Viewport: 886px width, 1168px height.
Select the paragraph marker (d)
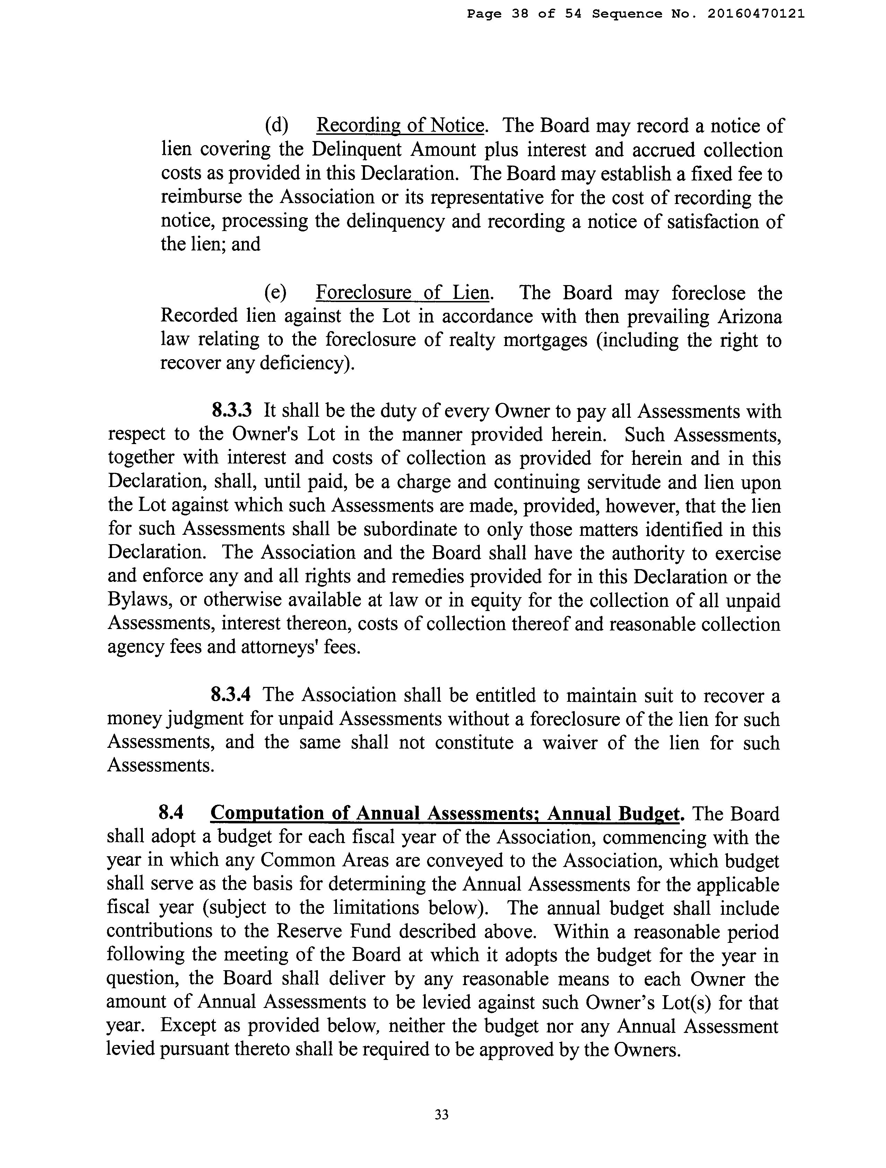click(x=276, y=126)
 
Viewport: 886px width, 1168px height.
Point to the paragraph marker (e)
click(x=276, y=293)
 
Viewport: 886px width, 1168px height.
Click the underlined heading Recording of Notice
click(x=400, y=126)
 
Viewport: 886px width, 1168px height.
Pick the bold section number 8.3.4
click(x=231, y=695)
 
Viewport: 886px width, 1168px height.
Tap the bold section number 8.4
click(x=171, y=814)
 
